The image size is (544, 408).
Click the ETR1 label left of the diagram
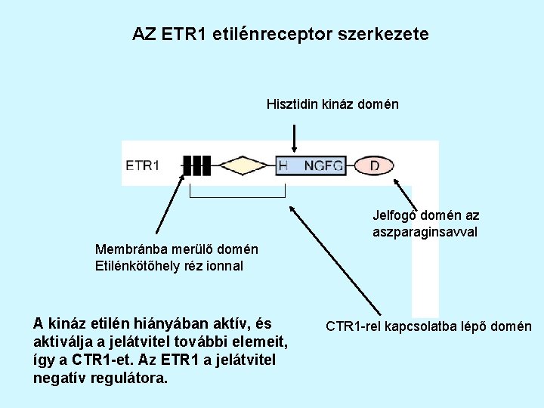pyautogui.click(x=142, y=165)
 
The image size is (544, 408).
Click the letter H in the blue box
pyautogui.click(x=283, y=165)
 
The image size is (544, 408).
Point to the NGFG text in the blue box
pyautogui.click(x=323, y=165)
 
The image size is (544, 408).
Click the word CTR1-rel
pyautogui.click(x=353, y=327)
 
